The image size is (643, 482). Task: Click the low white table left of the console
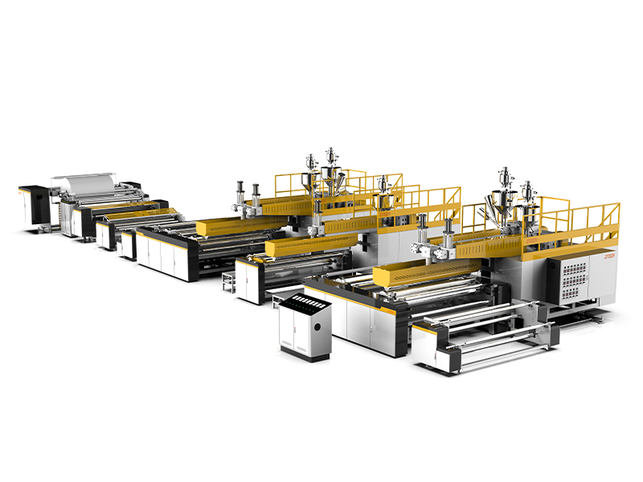pos(230,277)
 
